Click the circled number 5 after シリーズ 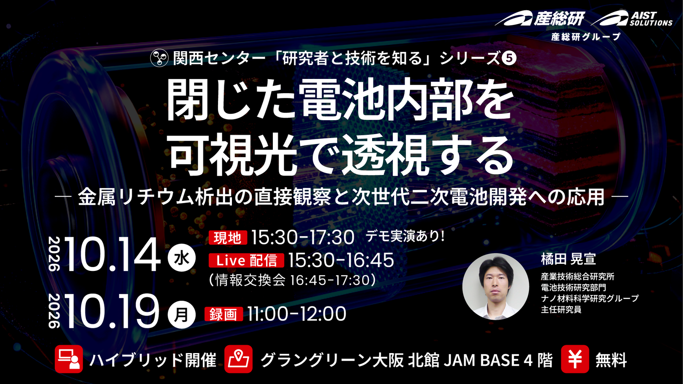tap(509, 58)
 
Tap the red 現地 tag tap(228, 238)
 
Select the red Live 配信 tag tap(246, 260)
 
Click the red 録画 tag tap(224, 314)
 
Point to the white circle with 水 tap(181, 258)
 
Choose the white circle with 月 tap(181, 315)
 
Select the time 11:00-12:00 tap(297, 314)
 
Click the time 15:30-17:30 tap(303, 238)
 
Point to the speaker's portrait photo tap(496, 286)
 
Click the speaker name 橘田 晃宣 tap(568, 259)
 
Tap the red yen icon tap(575, 359)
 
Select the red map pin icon tap(238, 359)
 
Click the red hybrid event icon tap(69, 359)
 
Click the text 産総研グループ tap(586, 37)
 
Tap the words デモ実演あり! tap(405, 236)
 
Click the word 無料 tap(611, 360)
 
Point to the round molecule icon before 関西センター tap(159, 58)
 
